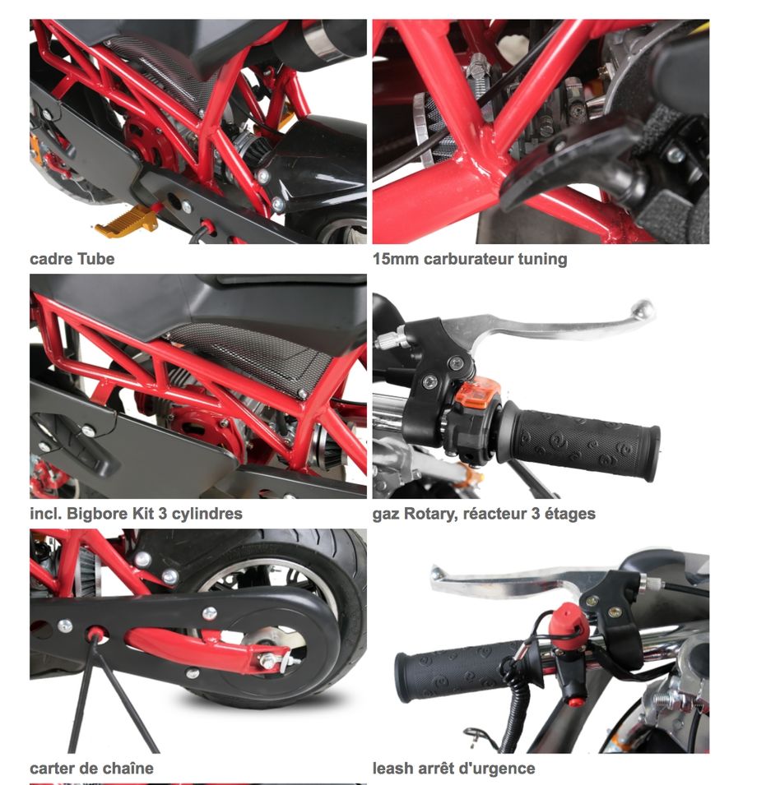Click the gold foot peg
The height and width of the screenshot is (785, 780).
[x=125, y=222]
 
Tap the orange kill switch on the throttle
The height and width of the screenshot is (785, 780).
[x=477, y=393]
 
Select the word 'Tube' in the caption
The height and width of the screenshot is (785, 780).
[x=96, y=259]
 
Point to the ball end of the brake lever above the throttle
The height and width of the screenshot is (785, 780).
[x=643, y=309]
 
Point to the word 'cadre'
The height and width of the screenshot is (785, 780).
[x=52, y=259]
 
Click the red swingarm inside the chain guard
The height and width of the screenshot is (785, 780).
[x=201, y=648]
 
